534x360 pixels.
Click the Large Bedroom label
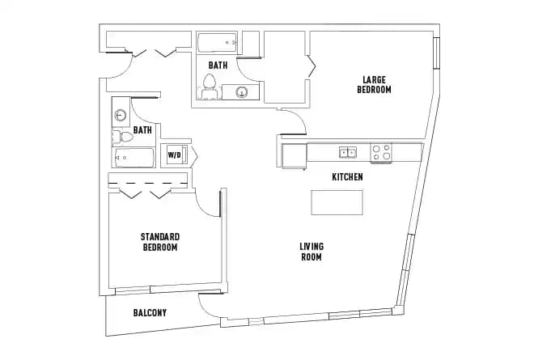click(x=374, y=84)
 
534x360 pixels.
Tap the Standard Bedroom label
click(x=159, y=241)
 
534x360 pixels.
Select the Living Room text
click(x=311, y=252)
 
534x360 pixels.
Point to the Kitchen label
click(x=347, y=176)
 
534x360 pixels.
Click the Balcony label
click(x=150, y=312)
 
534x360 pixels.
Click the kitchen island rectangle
click(x=337, y=202)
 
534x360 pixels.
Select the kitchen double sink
click(x=348, y=151)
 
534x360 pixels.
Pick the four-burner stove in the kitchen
click(x=381, y=151)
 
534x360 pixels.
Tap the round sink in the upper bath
click(x=241, y=92)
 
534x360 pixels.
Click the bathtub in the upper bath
click(x=218, y=42)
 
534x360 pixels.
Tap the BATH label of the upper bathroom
click(x=218, y=65)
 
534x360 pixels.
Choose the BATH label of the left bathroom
click(x=142, y=129)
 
